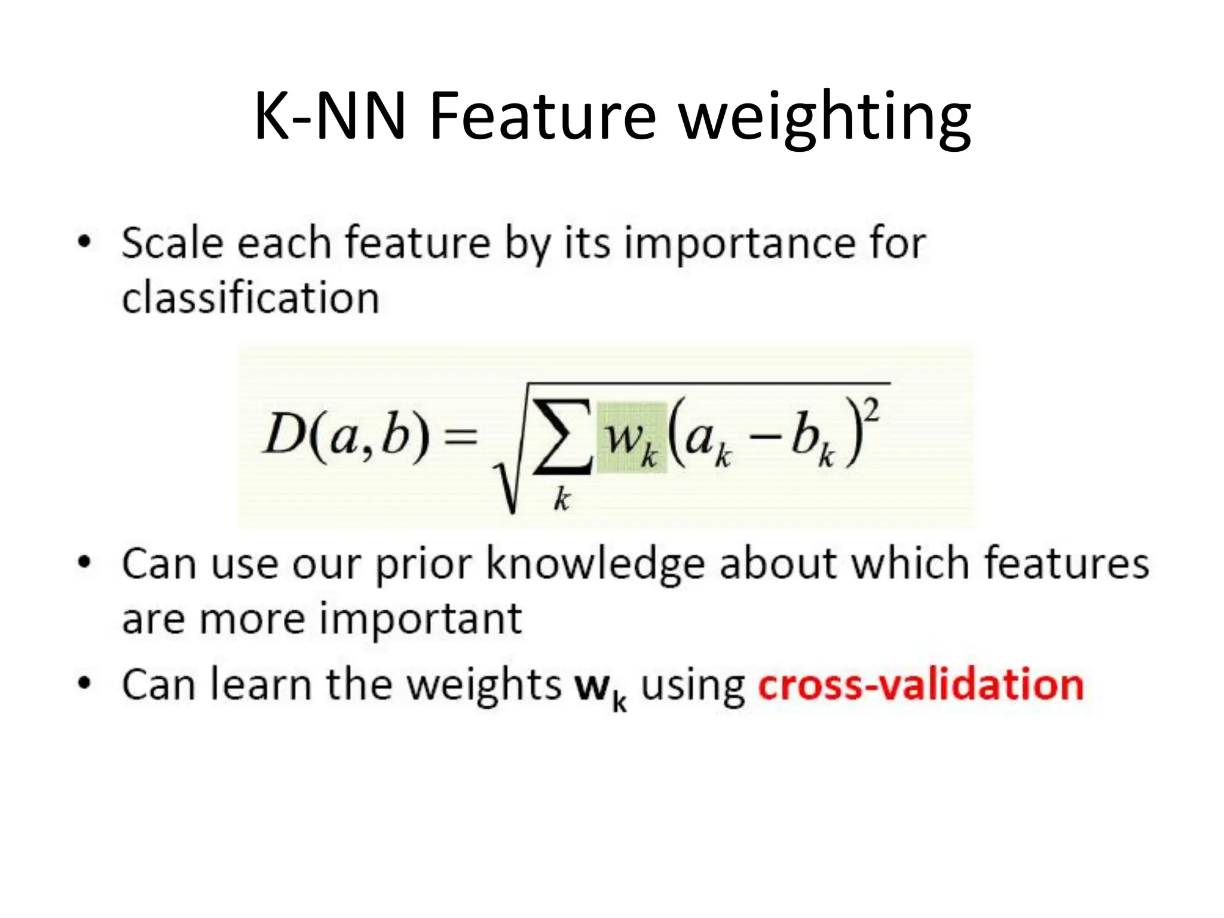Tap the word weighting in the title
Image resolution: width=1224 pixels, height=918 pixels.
(x=825, y=120)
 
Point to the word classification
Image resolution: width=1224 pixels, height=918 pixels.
(x=250, y=298)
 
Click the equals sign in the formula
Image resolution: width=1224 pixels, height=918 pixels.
(x=461, y=436)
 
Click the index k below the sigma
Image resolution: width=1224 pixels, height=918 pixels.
(x=562, y=499)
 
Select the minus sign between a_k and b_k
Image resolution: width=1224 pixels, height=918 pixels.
(x=764, y=439)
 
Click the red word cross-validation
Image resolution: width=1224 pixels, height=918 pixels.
(x=920, y=685)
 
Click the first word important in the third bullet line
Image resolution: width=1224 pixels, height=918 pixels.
(x=421, y=619)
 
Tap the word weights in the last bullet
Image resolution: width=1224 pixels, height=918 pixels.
(x=484, y=685)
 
